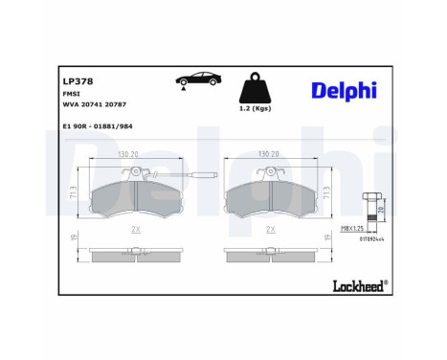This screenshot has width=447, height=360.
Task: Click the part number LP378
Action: [78, 82]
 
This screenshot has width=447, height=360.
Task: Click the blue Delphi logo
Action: [343, 90]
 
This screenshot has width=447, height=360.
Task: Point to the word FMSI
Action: [71, 97]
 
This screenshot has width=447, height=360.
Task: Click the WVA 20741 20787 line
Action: [94, 110]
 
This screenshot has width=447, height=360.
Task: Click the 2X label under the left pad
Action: [135, 230]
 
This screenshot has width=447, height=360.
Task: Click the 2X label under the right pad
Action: [271, 230]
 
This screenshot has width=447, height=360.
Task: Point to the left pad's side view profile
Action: [135, 256]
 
